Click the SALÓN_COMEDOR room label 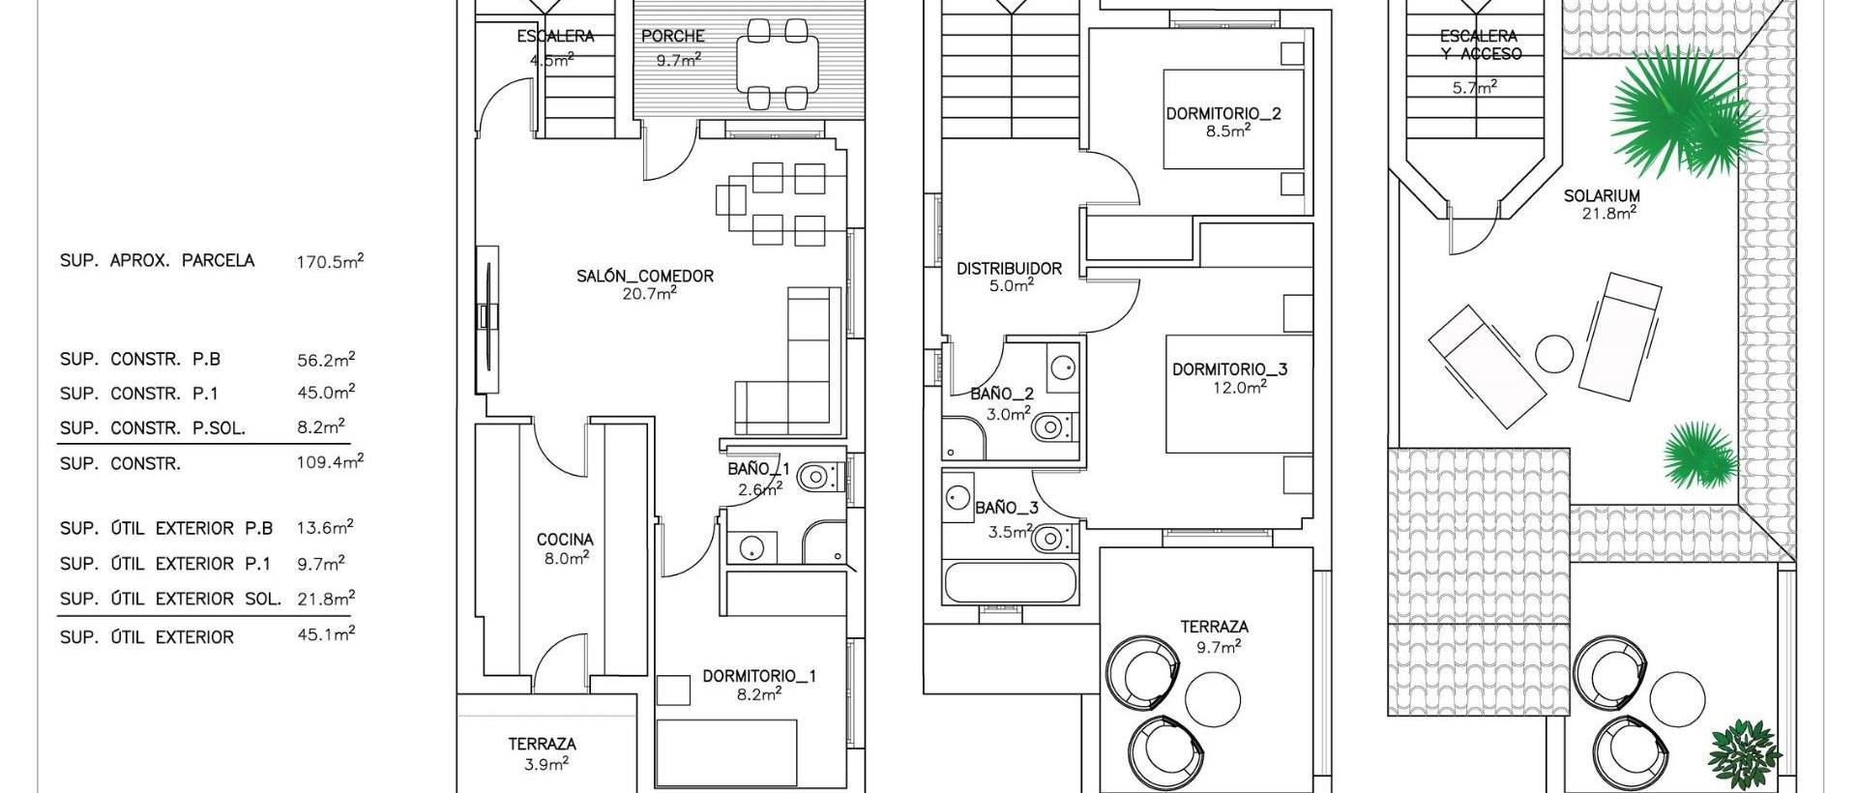coord(645,276)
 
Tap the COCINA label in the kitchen coord(565,540)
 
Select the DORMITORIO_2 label coord(1223,113)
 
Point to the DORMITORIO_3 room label coord(1229,369)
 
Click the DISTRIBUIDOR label coord(1009,269)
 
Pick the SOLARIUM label coord(1601,196)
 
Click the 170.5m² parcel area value coord(330,261)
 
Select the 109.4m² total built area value coord(330,462)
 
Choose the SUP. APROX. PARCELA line coord(157,261)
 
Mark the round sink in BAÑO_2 coord(1063,366)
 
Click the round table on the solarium coord(1555,354)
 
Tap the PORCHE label coord(673,37)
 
